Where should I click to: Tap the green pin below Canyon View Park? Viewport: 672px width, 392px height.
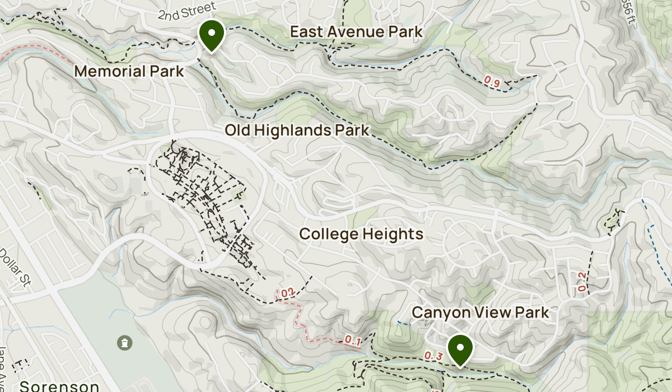[460, 348]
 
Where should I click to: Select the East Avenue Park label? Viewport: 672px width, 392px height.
[356, 32]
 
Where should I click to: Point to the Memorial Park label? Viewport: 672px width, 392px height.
[129, 72]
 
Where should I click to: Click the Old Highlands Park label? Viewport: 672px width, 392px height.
[297, 130]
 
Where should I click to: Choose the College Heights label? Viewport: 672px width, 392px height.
[361, 234]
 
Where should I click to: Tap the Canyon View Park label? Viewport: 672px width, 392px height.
[480, 312]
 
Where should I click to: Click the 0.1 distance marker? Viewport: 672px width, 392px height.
[352, 339]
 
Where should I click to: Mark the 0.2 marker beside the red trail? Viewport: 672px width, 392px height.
[287, 292]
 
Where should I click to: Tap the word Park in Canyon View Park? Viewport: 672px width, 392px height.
[529, 312]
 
